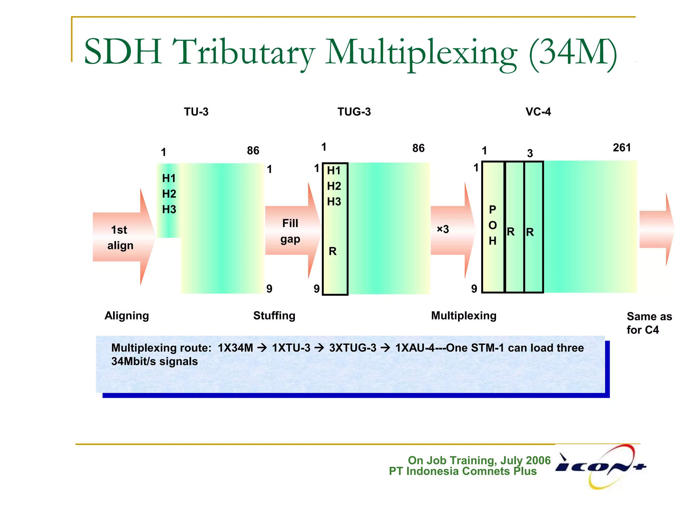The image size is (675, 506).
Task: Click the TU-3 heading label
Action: tap(196, 112)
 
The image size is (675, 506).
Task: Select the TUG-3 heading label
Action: tap(354, 112)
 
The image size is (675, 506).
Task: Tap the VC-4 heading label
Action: tap(538, 112)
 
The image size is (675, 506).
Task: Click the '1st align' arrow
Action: tap(122, 237)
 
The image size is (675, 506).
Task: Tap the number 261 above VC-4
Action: tap(622, 147)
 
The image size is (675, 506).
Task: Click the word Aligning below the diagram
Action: tap(127, 316)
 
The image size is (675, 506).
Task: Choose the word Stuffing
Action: tap(274, 316)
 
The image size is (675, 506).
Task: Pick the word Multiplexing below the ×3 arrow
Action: tap(464, 316)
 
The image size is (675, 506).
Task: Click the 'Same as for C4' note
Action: tap(648, 323)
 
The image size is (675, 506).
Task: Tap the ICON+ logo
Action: tap(601, 466)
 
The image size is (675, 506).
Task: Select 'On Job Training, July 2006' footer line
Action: tap(479, 460)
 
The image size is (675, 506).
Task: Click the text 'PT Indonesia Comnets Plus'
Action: tap(462, 471)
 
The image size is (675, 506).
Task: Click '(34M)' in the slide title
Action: tap(572, 53)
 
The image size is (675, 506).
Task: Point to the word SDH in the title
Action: tap(123, 52)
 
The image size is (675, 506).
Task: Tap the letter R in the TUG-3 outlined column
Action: tap(333, 251)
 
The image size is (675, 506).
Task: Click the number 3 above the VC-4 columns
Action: tap(530, 153)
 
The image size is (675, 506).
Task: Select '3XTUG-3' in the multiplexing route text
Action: tap(352, 348)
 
